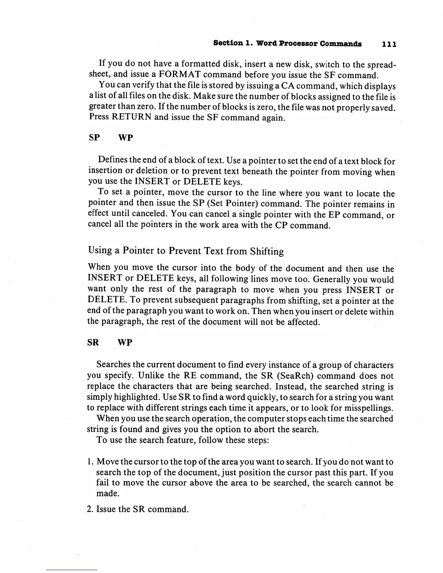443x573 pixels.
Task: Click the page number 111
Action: pos(389,44)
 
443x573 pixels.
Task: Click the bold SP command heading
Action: pos(94,138)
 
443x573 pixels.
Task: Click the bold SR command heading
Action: pos(93,343)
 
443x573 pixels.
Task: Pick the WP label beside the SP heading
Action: pos(125,138)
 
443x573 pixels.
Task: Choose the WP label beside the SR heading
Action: pos(125,343)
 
